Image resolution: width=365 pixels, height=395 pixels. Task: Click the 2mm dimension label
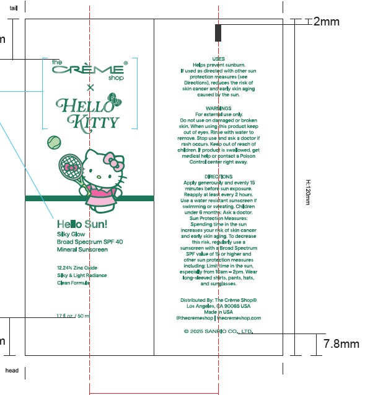click(327, 22)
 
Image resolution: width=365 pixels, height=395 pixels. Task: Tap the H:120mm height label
click(308, 193)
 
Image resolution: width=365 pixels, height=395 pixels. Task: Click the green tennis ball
click(54, 142)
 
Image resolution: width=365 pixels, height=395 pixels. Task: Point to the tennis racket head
click(68, 166)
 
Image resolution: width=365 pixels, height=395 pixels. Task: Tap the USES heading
click(218, 59)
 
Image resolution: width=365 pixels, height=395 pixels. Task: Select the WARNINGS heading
click(218, 109)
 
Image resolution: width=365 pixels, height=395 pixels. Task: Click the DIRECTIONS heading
click(218, 177)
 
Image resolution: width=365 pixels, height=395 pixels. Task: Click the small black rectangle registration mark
click(218, 34)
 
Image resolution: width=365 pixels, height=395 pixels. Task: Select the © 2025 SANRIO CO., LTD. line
click(218, 331)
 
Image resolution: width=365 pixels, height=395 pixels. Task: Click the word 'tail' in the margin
click(14, 8)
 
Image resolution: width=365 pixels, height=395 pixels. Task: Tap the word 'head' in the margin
click(12, 371)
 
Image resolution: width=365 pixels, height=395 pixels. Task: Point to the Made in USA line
click(218, 312)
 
